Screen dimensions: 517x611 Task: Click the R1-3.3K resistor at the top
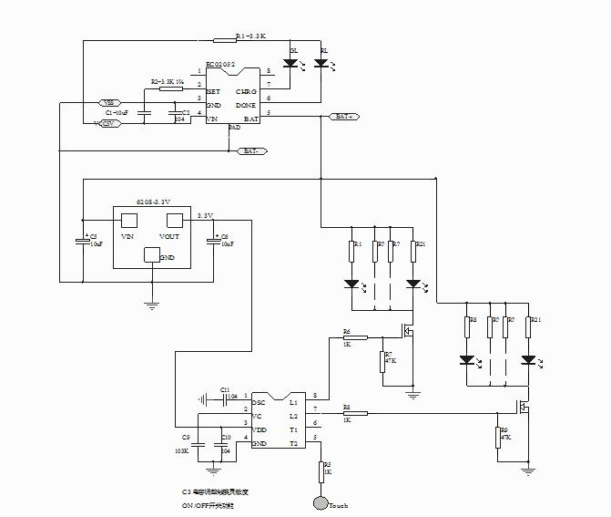click(x=224, y=39)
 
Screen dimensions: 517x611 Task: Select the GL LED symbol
click(x=290, y=64)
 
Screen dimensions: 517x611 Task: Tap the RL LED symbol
click(x=321, y=64)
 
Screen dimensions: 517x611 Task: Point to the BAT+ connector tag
click(x=343, y=117)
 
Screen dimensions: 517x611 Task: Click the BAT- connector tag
click(x=252, y=150)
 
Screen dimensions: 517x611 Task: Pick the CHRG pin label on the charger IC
click(x=246, y=92)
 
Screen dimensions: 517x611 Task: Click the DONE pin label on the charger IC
click(x=246, y=106)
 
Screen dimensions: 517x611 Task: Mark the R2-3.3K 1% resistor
click(x=170, y=88)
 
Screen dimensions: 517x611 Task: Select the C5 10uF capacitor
click(x=81, y=240)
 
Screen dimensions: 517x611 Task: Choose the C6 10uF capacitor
click(x=213, y=240)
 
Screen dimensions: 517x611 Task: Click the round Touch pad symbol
click(x=320, y=502)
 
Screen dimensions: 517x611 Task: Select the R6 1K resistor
click(x=355, y=336)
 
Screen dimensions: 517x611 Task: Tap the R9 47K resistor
click(x=497, y=435)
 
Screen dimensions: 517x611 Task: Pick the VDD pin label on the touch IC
click(x=260, y=429)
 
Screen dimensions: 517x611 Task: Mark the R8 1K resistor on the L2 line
click(x=355, y=413)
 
